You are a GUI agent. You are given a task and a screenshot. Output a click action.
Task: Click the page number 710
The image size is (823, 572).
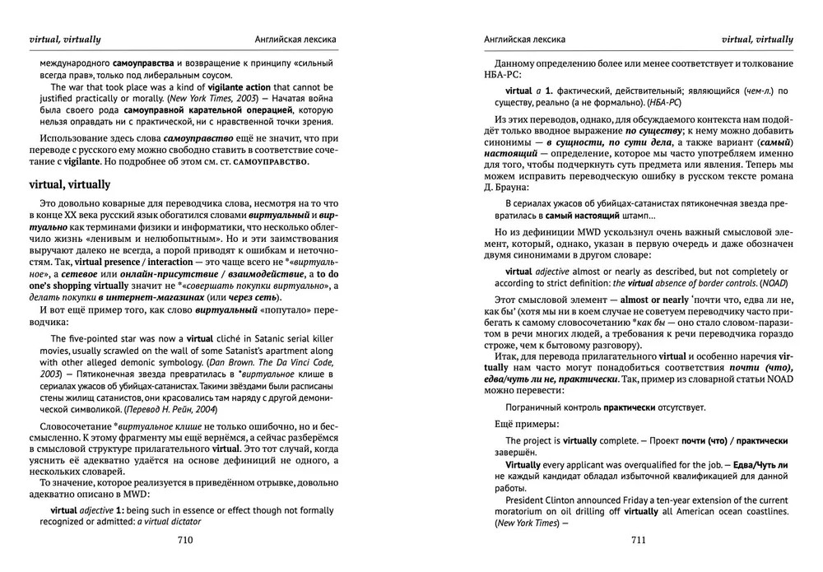(184, 540)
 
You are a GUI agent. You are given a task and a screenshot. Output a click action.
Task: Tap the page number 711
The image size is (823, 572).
(638, 540)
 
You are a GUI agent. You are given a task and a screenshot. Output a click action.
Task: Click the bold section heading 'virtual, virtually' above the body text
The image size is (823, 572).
(69, 184)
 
